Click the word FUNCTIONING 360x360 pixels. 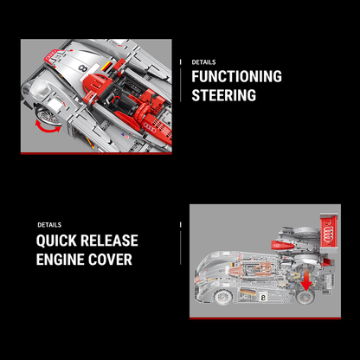point(236,76)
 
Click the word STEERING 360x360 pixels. point(223,95)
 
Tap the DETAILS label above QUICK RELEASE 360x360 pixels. point(49,225)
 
